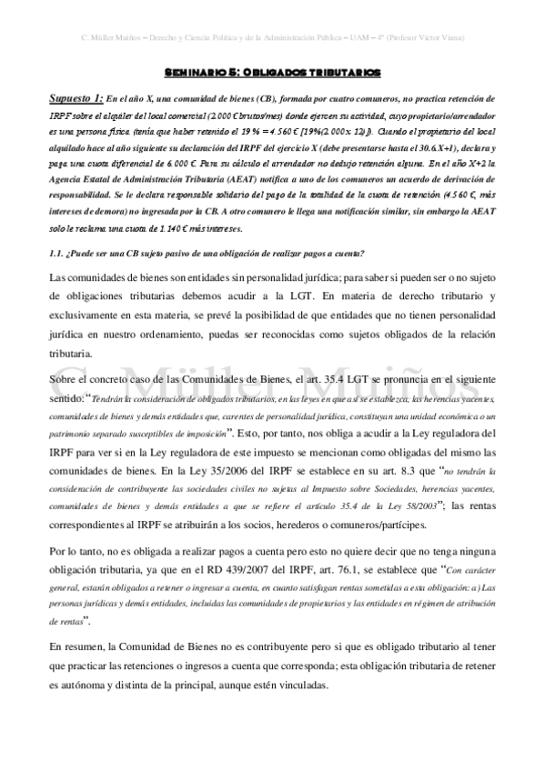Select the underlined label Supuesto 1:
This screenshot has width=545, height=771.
75,96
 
